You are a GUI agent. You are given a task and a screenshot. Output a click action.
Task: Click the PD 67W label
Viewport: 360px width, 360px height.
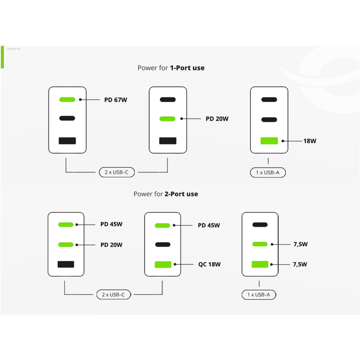point(115,100)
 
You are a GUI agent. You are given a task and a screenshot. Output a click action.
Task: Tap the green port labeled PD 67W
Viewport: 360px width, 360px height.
point(67,99)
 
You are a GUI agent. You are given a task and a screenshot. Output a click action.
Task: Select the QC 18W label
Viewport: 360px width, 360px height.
point(210,264)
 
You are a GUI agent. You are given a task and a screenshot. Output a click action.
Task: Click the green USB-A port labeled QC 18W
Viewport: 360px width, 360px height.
point(163,264)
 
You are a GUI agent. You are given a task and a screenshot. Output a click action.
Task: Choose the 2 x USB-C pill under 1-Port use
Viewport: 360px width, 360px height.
point(117,172)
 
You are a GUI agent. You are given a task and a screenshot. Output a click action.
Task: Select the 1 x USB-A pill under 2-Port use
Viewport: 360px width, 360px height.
point(259,295)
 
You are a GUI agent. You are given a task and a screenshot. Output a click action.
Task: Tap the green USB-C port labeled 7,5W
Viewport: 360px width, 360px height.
point(260,244)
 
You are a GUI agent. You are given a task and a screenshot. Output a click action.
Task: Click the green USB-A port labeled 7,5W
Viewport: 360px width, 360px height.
point(260,264)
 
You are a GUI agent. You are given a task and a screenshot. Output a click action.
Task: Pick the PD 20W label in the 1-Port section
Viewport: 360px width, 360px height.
point(217,119)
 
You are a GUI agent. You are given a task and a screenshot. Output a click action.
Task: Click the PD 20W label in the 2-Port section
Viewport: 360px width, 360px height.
point(111,245)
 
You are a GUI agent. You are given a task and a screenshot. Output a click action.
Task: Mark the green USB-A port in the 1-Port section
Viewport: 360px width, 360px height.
point(269,141)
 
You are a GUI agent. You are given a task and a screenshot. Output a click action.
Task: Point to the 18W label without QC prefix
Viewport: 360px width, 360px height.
point(310,141)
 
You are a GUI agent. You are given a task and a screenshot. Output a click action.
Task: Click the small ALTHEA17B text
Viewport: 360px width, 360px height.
point(13,49)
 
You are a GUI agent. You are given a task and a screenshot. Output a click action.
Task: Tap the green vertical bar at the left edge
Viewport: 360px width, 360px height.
point(2,57)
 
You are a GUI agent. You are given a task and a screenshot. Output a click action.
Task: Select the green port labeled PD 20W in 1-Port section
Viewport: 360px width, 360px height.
point(167,119)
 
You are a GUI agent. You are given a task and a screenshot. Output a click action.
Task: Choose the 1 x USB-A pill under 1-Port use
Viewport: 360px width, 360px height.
point(268,173)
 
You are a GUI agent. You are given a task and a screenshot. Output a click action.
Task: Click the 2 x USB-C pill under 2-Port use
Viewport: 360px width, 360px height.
point(114,295)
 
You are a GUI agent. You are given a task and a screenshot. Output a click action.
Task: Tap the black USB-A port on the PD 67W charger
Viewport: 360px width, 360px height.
point(67,141)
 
